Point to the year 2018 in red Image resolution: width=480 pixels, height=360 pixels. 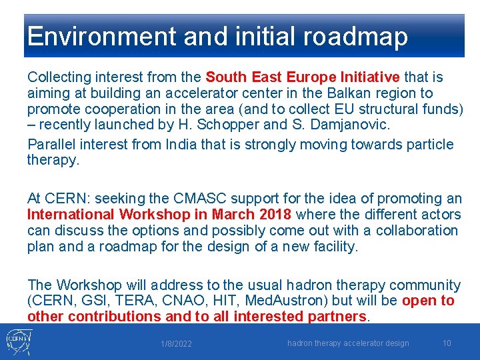point(274,215)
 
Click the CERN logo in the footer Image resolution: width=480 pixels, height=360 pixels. point(17,341)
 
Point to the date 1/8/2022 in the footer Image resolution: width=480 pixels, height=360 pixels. point(176,344)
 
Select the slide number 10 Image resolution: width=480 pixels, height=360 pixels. point(447,343)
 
